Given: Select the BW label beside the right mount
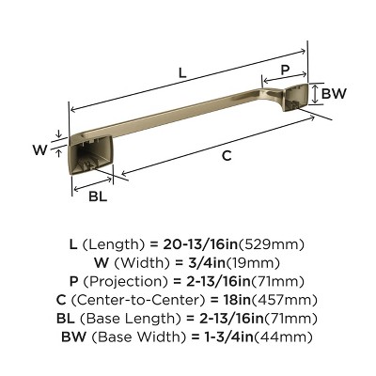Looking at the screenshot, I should [334, 94].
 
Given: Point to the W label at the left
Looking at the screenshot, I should [39, 149].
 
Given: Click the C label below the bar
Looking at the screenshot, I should [226, 157].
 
